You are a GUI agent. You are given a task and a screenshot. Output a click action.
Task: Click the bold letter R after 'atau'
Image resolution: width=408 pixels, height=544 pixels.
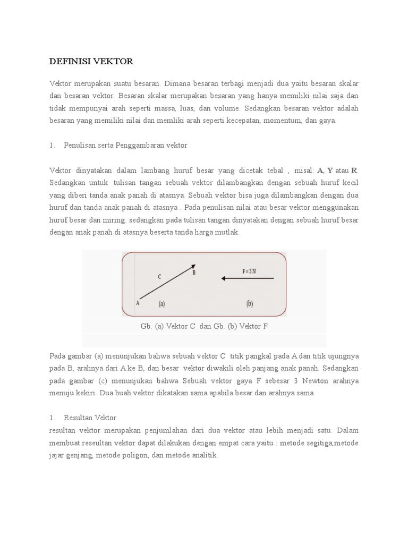pyautogui.click(x=354, y=170)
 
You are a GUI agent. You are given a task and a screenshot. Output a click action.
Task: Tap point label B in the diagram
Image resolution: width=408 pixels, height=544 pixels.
pyautogui.click(x=194, y=273)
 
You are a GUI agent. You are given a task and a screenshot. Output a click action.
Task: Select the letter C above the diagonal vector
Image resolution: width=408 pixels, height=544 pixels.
pyautogui.click(x=159, y=277)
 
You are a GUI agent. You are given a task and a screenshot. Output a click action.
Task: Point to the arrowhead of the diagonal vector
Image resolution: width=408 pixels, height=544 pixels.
pyautogui.click(x=193, y=266)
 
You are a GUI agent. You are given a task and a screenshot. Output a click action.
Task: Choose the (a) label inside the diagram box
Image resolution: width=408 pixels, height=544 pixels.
pyautogui.click(x=161, y=304)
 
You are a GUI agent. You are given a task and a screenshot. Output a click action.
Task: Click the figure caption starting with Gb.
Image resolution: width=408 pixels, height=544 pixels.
pyautogui.click(x=204, y=326)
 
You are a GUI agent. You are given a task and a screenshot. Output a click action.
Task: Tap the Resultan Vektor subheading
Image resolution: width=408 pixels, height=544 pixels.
pyautogui.click(x=90, y=418)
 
